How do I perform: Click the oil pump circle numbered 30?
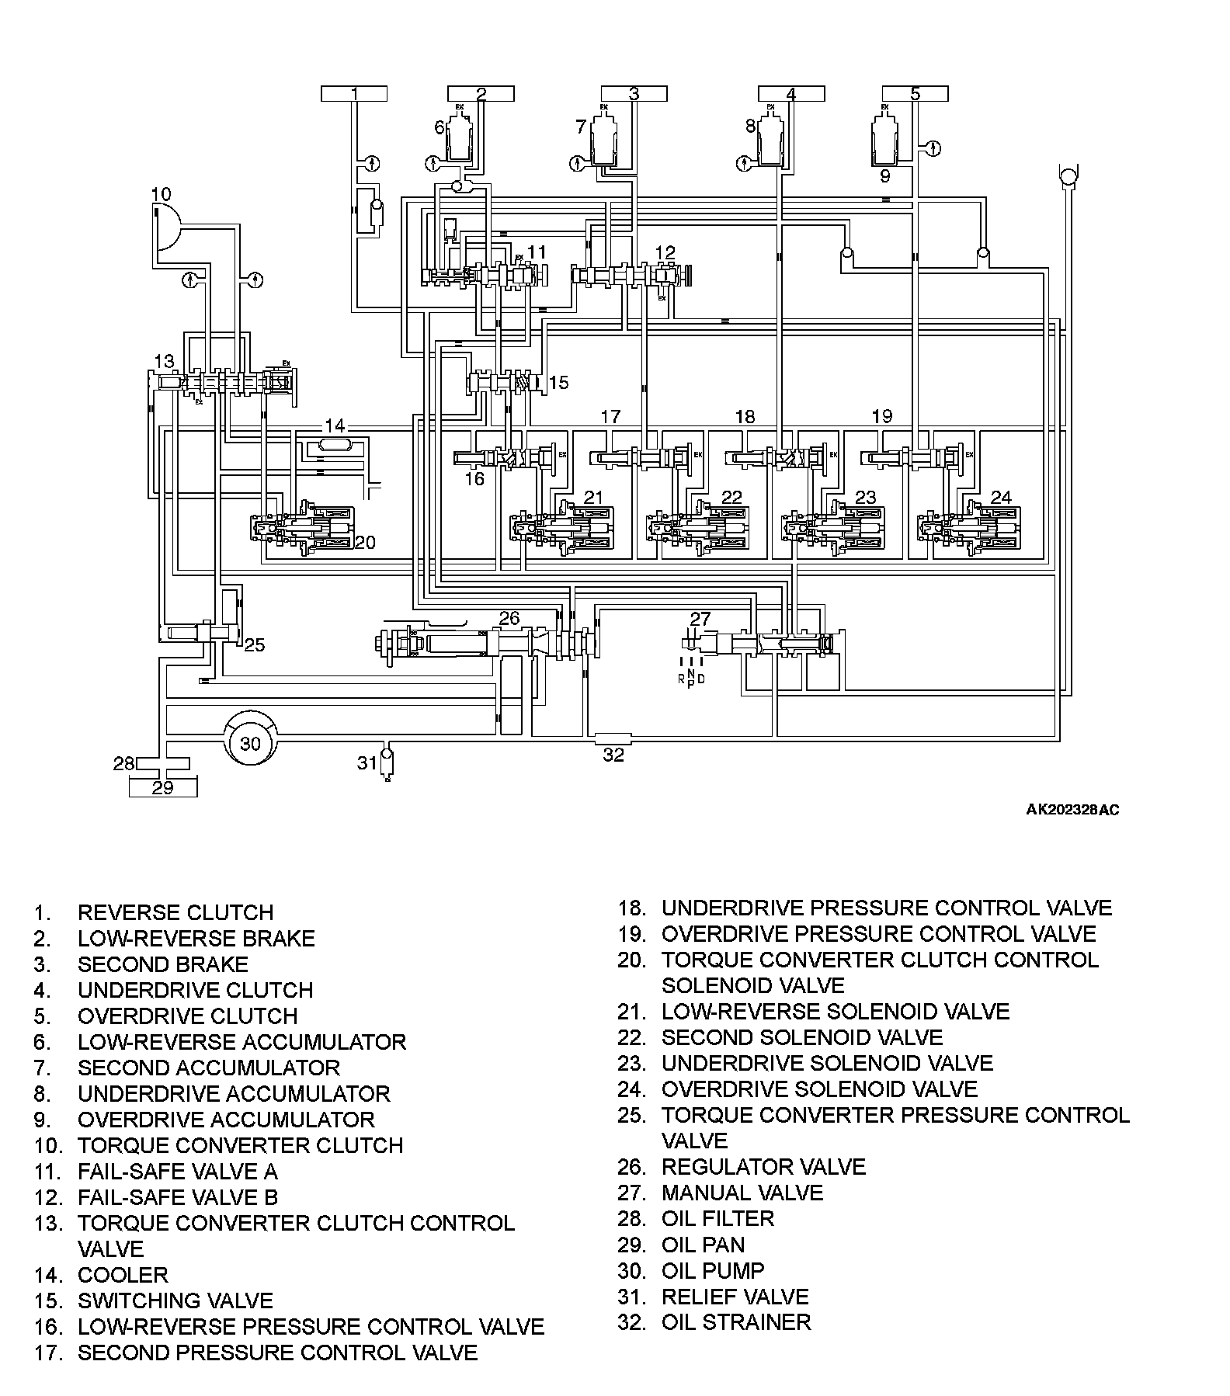(250, 744)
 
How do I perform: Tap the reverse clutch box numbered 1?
(353, 94)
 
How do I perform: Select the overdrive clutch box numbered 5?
(915, 94)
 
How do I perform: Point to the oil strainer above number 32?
(612, 736)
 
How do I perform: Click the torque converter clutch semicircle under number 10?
(165, 227)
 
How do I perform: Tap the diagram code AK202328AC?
(1072, 810)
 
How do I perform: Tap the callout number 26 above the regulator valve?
(509, 618)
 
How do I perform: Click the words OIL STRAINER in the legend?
(735, 1321)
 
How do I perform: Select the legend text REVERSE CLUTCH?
(175, 912)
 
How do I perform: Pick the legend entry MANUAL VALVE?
(742, 1192)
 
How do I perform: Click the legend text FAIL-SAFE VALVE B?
(177, 1196)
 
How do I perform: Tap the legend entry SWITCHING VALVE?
(175, 1301)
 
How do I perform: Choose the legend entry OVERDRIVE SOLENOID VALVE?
(819, 1089)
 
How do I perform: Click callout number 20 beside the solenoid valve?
(364, 542)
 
